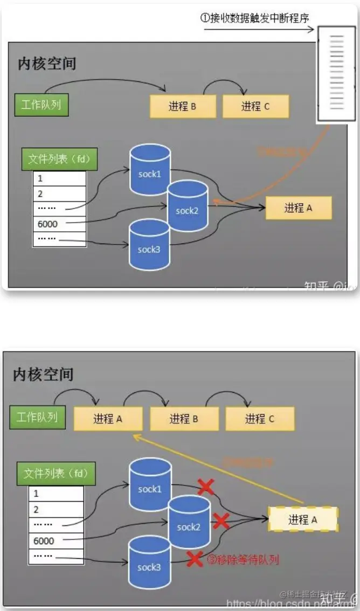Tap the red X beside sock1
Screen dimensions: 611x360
tap(205, 488)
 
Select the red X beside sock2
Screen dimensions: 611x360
tap(221, 522)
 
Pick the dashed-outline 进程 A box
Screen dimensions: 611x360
tap(302, 519)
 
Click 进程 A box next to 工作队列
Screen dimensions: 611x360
tap(108, 419)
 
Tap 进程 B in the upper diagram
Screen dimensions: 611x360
tap(182, 106)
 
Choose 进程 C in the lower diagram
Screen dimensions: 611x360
tap(260, 419)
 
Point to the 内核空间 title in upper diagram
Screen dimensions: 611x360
tap(47, 64)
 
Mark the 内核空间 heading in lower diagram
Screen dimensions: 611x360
tap(43, 374)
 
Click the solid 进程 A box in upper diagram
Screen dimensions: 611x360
tap(298, 208)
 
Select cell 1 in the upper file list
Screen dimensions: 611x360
tap(59, 178)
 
